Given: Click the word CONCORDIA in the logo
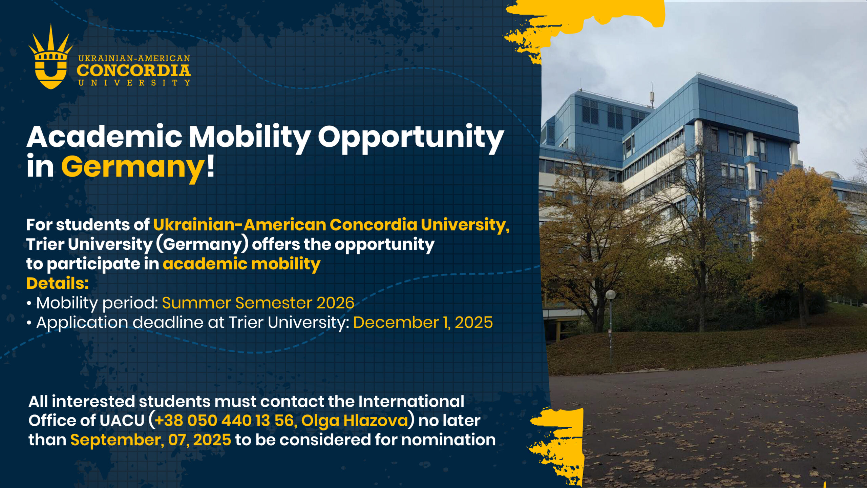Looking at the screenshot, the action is (x=134, y=70).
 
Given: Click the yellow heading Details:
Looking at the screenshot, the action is (x=58, y=283).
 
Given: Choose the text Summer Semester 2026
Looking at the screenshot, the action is (x=258, y=303).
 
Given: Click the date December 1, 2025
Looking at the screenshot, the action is (x=423, y=323).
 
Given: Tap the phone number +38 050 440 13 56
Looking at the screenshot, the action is (x=224, y=421).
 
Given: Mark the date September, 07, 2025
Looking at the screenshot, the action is (x=151, y=440).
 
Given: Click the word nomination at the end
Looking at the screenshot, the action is (x=448, y=440).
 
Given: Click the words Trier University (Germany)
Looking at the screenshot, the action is (x=138, y=245).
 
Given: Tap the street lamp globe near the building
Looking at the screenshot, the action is (x=611, y=294).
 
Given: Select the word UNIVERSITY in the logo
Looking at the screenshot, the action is (x=134, y=83).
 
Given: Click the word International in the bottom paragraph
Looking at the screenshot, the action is (x=411, y=402).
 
